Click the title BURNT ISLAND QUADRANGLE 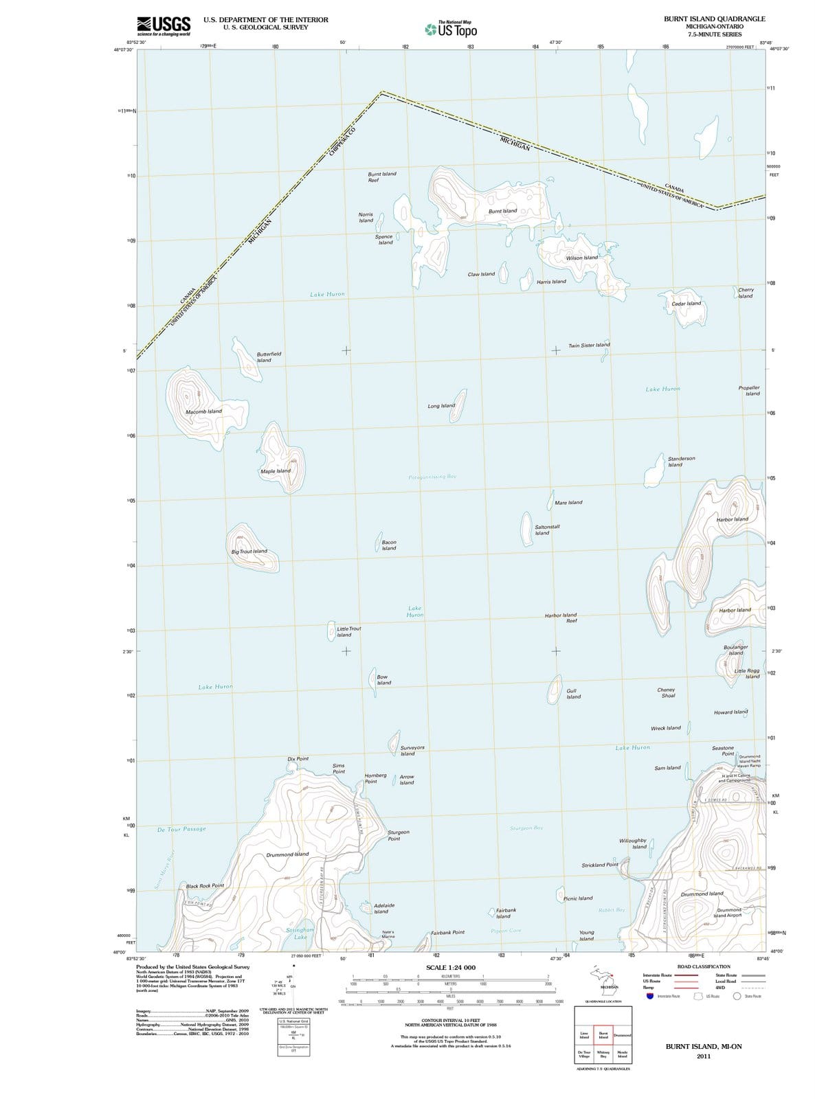(x=714, y=19)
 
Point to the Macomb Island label (x=203, y=411)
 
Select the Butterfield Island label (x=269, y=357)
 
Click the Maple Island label (x=276, y=471)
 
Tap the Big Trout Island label (x=249, y=552)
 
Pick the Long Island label (x=441, y=406)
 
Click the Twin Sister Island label (x=589, y=345)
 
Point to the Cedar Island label (x=686, y=303)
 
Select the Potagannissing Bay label (x=432, y=477)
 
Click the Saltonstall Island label (x=547, y=530)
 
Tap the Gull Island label (x=573, y=693)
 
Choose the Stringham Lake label (x=300, y=933)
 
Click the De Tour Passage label (x=181, y=829)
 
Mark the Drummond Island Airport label (x=728, y=913)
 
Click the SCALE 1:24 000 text (x=451, y=968)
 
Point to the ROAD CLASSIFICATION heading (x=704, y=966)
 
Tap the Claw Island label (x=481, y=274)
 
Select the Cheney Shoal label (x=666, y=692)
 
